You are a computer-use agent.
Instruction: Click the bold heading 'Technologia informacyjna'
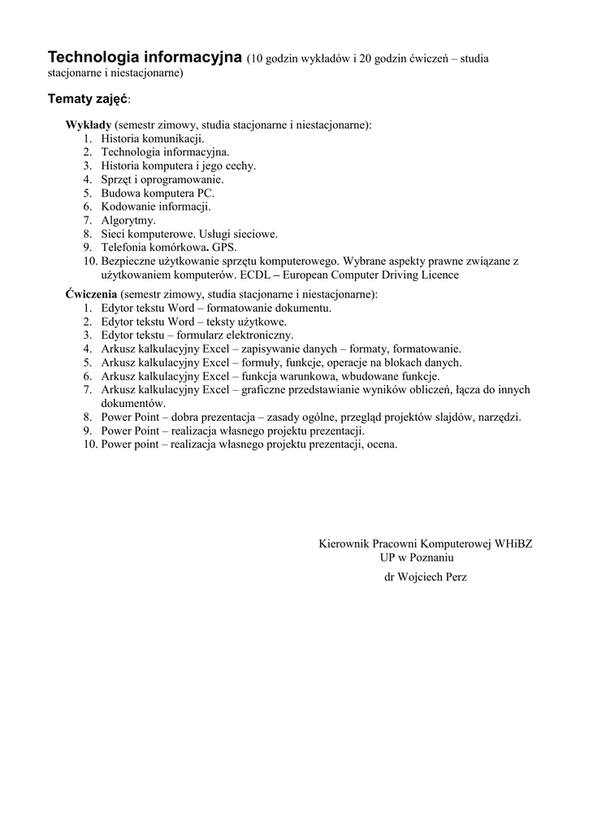click(x=145, y=58)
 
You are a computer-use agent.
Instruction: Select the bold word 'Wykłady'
click(x=88, y=125)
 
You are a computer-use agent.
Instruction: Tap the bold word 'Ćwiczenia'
click(x=92, y=294)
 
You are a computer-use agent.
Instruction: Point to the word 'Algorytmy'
click(x=128, y=220)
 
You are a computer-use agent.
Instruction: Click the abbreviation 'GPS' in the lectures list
click(x=223, y=247)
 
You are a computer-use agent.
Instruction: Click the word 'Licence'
click(x=439, y=275)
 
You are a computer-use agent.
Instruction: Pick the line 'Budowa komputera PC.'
click(x=158, y=193)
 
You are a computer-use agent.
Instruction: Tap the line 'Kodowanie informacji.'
click(x=156, y=206)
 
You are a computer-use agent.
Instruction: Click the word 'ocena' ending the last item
click(x=381, y=444)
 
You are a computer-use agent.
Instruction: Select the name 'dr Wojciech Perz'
click(x=425, y=576)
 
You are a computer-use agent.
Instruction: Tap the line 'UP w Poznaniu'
click(x=416, y=557)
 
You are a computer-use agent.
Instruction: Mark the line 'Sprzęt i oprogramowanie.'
click(x=162, y=180)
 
